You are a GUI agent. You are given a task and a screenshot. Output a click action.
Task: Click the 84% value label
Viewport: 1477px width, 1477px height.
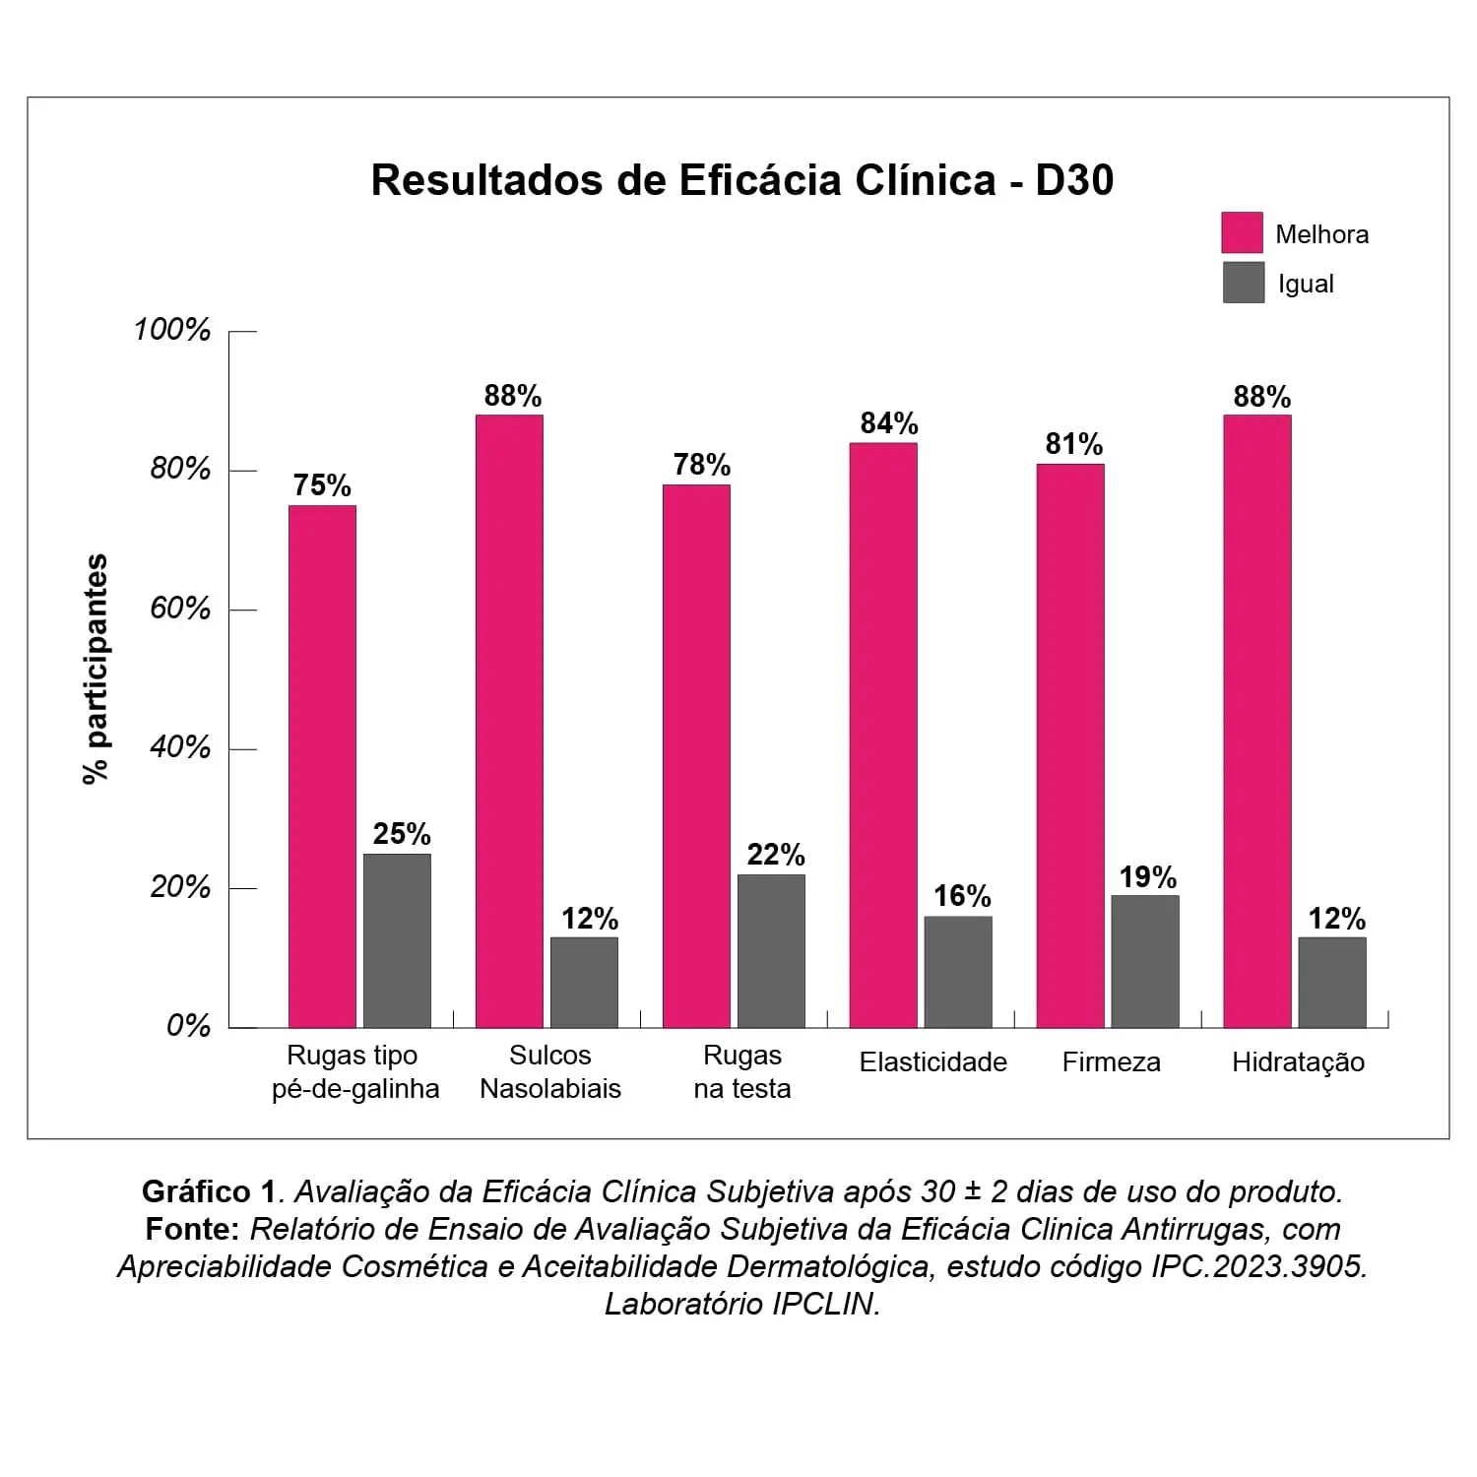point(889,423)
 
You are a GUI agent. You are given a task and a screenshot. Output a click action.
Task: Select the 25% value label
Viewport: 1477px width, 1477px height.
point(402,834)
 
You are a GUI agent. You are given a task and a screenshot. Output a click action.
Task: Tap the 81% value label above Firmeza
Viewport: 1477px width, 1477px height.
point(1074,444)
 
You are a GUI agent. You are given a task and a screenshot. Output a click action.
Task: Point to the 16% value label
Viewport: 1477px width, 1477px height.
point(962,896)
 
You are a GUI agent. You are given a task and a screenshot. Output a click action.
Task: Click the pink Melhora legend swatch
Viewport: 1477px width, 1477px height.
point(1242,232)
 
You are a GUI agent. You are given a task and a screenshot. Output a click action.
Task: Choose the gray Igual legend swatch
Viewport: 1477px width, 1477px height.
point(1243,283)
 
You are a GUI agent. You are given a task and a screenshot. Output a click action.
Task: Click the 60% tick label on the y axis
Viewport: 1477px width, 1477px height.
point(180,609)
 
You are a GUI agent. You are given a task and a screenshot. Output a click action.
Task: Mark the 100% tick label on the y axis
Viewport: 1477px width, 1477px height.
point(172,330)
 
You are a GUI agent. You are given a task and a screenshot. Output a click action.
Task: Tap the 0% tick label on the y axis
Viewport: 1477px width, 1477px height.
point(188,1026)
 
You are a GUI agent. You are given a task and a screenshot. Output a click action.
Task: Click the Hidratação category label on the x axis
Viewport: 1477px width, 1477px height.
point(1298,1062)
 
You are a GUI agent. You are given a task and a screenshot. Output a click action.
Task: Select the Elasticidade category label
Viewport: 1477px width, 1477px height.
point(932,1062)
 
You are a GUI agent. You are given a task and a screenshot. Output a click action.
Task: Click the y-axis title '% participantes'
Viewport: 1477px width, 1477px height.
point(96,670)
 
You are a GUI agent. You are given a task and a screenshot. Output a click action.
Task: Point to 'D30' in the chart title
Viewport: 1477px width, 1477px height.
point(1074,180)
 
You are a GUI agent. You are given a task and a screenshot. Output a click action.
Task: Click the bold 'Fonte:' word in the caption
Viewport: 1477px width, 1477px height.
point(193,1229)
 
